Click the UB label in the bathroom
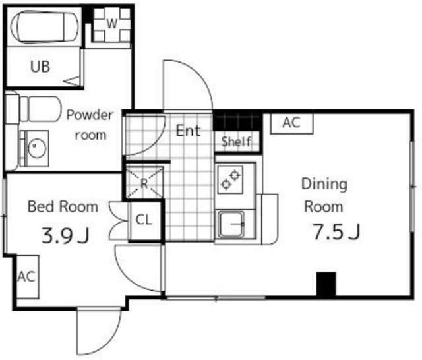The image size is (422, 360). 40,67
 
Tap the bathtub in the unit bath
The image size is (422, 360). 45,26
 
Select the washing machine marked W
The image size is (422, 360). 111,24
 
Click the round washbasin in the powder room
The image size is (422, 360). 38,148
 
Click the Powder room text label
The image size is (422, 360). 90,125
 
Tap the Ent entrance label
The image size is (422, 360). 188,131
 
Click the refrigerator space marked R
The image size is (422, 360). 144,183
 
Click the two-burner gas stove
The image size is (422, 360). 230,179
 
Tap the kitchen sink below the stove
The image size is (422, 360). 231,224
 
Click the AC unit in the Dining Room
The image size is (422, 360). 291,123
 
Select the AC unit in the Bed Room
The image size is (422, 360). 27,276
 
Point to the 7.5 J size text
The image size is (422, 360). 336,231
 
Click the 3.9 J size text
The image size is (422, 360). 65,235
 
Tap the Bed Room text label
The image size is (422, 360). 63,206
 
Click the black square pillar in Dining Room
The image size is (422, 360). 326,284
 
